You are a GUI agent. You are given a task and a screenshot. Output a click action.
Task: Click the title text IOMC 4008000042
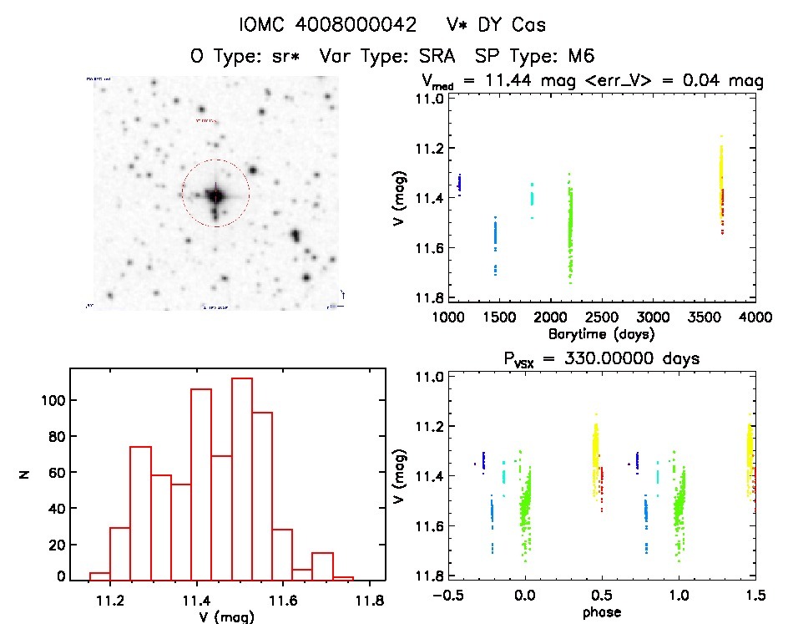pyautogui.click(x=328, y=25)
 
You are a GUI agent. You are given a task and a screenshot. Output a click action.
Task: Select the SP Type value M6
pyautogui.click(x=578, y=57)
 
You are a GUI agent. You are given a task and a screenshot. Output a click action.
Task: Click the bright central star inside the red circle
pyautogui.click(x=216, y=195)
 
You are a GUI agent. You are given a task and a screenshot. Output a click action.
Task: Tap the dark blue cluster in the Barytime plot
pyautogui.click(x=459, y=183)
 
